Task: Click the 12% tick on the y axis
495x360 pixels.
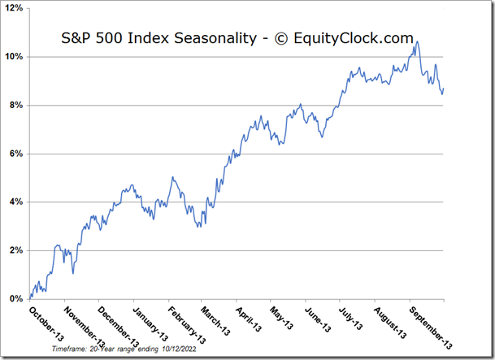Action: coord(15,9)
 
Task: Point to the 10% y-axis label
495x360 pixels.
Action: coord(15,57)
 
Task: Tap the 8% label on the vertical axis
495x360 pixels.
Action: coord(16,106)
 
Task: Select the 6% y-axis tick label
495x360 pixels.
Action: coord(16,154)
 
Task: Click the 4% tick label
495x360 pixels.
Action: coord(16,202)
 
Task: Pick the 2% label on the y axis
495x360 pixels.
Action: coord(16,250)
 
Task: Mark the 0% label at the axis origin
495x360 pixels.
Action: coord(16,299)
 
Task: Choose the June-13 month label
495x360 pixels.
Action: coord(319,317)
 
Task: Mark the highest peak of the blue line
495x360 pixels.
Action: coord(416,42)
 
